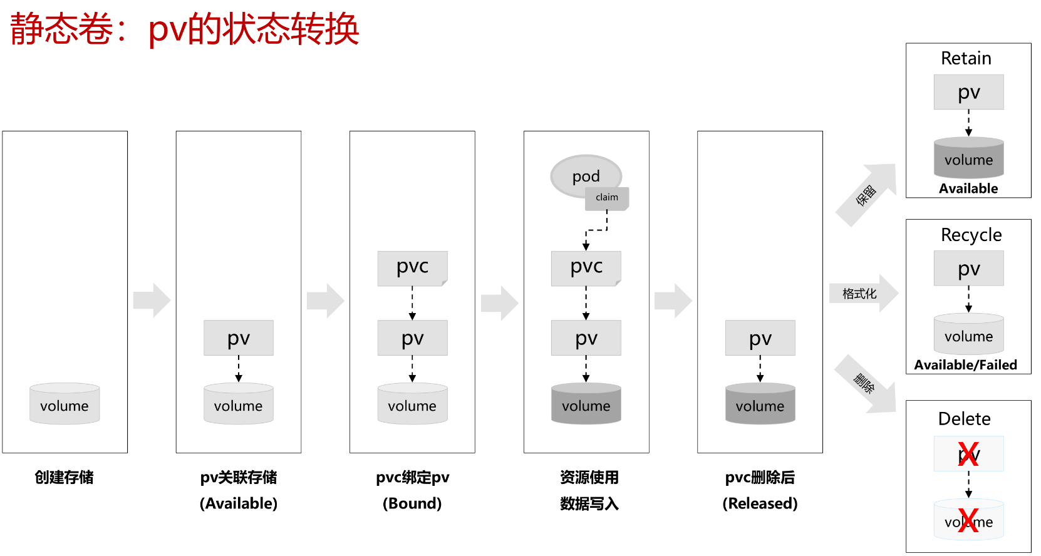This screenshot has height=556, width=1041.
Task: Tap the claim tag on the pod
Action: pos(607,198)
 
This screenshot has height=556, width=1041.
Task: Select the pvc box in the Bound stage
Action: pos(412,268)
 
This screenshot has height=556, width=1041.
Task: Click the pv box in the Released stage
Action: pos(760,338)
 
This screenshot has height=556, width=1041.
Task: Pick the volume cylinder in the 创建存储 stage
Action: pos(65,404)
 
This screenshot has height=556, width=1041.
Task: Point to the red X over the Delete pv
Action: pos(968,454)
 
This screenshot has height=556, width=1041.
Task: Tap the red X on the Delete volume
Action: pos(968,521)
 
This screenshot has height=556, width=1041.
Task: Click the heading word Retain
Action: pos(966,58)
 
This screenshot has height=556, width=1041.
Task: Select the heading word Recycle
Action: pos(971,235)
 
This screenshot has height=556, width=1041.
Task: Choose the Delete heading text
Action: pos(964,419)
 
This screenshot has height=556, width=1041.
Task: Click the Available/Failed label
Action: pos(965,365)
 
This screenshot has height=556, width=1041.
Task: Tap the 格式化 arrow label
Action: pos(859,294)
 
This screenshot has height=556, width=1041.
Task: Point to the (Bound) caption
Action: pos(412,503)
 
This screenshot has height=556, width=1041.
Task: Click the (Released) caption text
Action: pos(760,503)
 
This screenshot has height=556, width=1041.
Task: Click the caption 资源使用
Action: pos(589,478)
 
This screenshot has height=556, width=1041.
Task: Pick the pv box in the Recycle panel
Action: pos(968,269)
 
